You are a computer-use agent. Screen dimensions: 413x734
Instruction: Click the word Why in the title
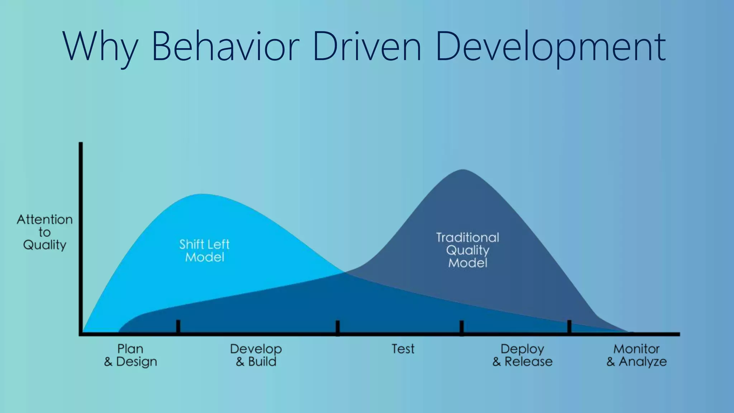point(100,47)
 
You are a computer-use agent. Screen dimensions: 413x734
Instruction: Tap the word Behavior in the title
point(225,47)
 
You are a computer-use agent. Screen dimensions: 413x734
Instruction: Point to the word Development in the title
point(550,47)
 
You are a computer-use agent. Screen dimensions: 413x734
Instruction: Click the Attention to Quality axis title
point(44,232)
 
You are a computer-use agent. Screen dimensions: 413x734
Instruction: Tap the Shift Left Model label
point(204,251)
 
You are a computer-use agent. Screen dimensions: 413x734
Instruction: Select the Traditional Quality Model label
point(467,250)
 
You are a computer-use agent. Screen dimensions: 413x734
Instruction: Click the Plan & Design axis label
point(130,355)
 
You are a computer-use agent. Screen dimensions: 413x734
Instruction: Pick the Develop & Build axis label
point(256,355)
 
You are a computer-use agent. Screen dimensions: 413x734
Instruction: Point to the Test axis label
point(403,349)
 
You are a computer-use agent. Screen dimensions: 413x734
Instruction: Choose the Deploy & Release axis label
point(522,355)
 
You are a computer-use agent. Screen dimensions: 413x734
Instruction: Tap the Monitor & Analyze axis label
point(637,355)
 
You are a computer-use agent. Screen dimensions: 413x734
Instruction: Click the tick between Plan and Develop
point(178,327)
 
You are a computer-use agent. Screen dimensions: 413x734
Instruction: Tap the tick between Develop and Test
point(338,327)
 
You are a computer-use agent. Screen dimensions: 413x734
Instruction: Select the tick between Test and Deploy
point(462,327)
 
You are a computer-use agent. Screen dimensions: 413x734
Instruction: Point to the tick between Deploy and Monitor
point(569,327)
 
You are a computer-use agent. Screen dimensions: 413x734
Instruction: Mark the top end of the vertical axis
point(81,143)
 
